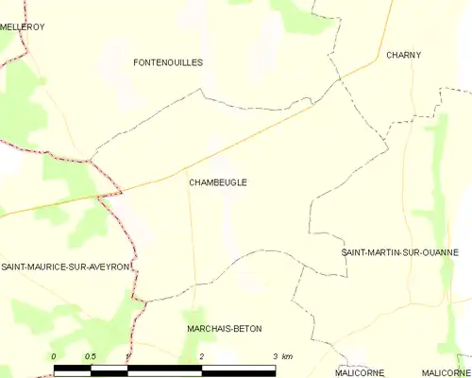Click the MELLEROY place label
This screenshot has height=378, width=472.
[22, 27]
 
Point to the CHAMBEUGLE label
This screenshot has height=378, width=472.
[218, 182]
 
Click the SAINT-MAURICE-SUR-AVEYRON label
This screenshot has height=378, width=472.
[65, 266]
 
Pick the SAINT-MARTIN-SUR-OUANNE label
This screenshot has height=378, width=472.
[399, 252]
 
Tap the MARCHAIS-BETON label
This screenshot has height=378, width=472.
[225, 328]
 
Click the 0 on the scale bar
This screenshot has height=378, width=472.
[54, 355]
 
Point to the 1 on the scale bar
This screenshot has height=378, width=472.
[126, 355]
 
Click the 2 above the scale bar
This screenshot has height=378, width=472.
[202, 355]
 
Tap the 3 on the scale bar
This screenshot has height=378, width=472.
[275, 355]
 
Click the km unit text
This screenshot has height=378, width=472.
[288, 355]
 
